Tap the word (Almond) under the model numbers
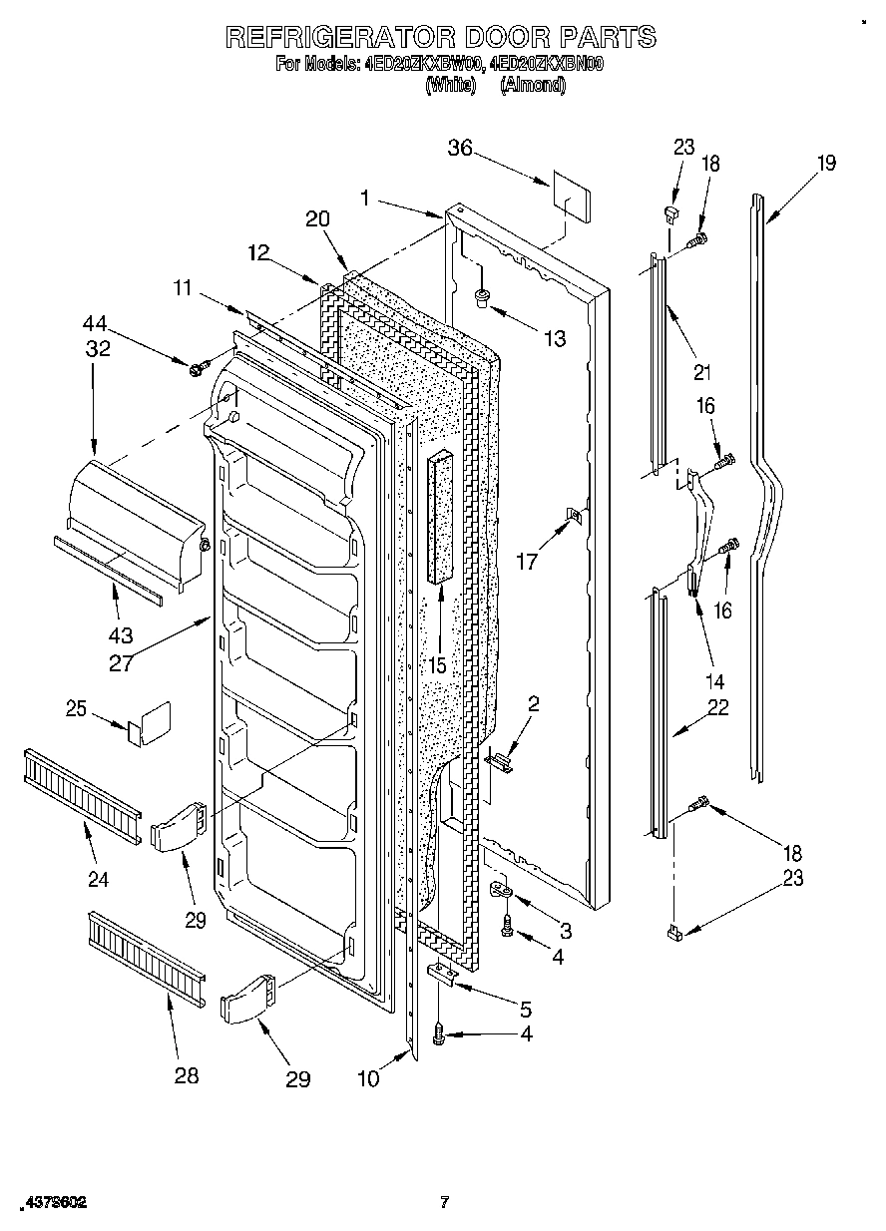coord(533,86)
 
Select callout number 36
coord(459,149)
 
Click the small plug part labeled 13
coord(482,296)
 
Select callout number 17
coord(527,561)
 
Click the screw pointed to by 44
coord(197,369)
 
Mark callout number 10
coord(369,1079)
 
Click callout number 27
coord(121,662)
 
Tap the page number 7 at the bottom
coord(444,1202)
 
